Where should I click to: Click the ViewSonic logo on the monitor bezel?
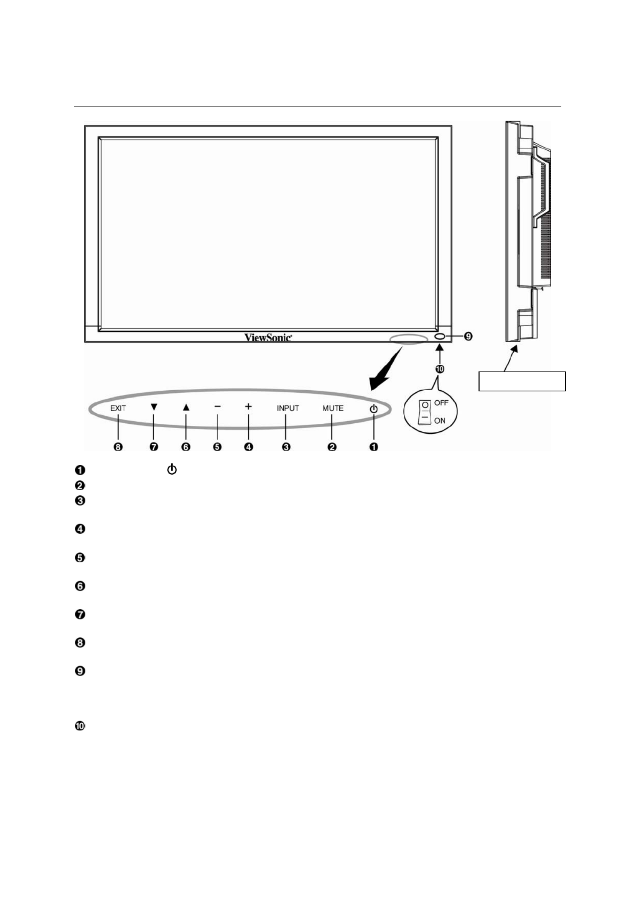point(268,337)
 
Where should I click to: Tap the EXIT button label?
point(118,408)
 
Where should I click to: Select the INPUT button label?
point(288,408)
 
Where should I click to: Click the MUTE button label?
point(333,408)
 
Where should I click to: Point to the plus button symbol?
point(248,406)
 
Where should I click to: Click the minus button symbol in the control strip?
point(218,406)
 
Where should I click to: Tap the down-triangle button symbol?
point(154,407)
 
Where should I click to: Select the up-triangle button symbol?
point(186,407)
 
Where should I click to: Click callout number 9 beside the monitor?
point(468,336)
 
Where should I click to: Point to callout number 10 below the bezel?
point(440,368)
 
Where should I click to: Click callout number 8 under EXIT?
point(118,447)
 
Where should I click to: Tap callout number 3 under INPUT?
point(286,447)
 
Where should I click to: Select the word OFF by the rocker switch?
point(441,403)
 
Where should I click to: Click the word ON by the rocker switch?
point(440,420)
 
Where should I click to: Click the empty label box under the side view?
point(522,381)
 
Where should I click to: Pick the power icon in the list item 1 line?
point(172,469)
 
